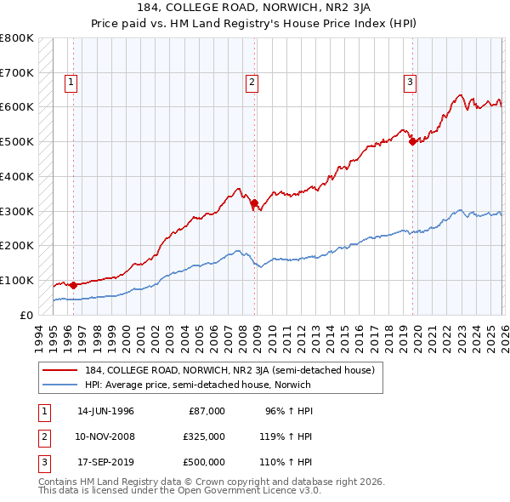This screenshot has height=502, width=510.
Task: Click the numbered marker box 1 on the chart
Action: click(70, 83)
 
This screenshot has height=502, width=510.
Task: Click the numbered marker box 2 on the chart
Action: click(252, 83)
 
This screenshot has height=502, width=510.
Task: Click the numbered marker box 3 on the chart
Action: click(410, 83)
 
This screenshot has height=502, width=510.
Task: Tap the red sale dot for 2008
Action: click(255, 202)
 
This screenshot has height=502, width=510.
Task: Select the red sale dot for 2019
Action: click(413, 141)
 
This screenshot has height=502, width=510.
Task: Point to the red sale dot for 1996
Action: click(73, 285)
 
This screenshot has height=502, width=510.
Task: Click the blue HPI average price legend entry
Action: click(197, 385)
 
